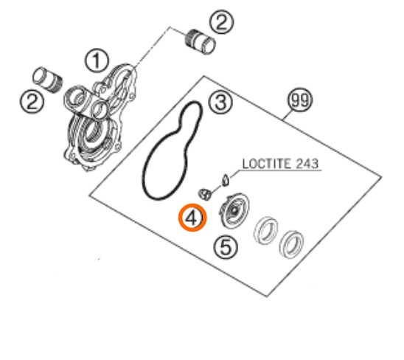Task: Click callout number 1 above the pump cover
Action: click(x=97, y=61)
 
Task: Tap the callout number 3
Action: click(x=220, y=102)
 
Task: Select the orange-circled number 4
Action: click(x=192, y=218)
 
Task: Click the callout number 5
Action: click(x=226, y=247)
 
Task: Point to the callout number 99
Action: click(x=299, y=100)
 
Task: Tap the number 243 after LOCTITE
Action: click(x=307, y=164)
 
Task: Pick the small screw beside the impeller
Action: click(x=206, y=194)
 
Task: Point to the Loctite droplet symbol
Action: click(x=226, y=180)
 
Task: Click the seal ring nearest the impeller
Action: click(x=266, y=229)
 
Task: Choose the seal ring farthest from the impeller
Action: click(x=291, y=243)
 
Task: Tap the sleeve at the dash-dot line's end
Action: click(x=201, y=41)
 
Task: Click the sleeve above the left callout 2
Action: click(x=48, y=80)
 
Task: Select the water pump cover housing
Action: click(x=100, y=117)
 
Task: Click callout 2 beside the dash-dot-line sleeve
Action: click(x=222, y=21)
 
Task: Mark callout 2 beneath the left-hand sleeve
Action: click(x=32, y=101)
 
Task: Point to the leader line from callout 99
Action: click(x=288, y=116)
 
